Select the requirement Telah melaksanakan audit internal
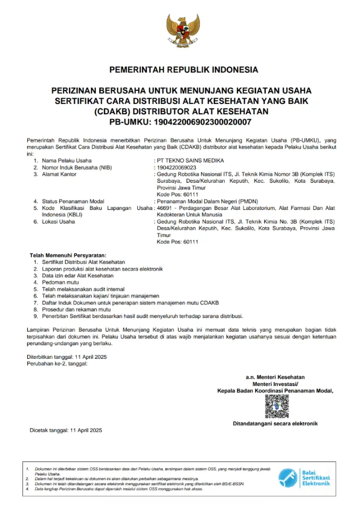pos(83,289)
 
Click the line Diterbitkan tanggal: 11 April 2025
pos(66,356)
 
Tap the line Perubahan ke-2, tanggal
pos(57,363)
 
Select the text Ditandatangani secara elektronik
pos(275,424)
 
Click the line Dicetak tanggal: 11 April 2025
pos(65,430)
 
